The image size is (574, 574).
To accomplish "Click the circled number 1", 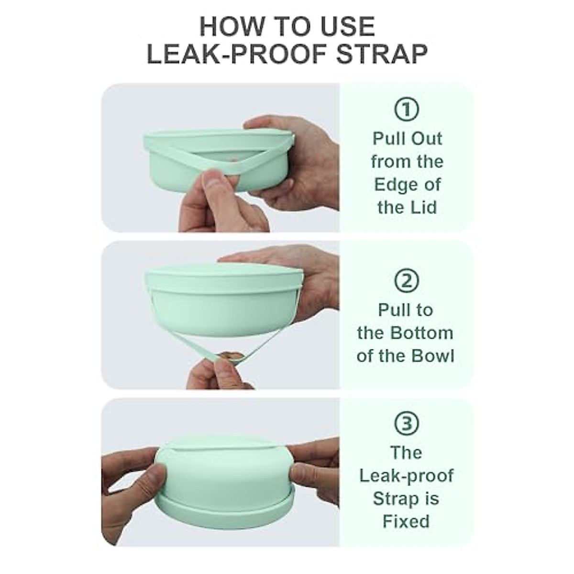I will [406, 110].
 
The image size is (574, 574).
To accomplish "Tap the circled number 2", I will [406, 280].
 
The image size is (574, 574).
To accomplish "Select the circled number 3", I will [406, 423].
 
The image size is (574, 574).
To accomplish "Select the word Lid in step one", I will [425, 208].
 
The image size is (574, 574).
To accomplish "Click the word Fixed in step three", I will [406, 521].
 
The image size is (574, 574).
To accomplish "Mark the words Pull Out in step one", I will [407, 139].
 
